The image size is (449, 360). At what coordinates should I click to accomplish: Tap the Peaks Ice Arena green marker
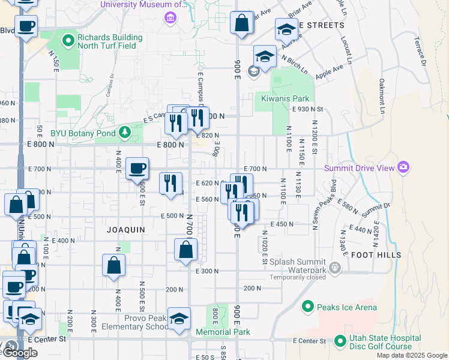pos(308,307)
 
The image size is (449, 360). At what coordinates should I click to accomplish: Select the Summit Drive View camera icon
pos(402,167)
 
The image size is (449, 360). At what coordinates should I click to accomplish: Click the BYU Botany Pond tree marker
pos(125,131)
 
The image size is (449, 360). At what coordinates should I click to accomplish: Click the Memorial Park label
pos(223,332)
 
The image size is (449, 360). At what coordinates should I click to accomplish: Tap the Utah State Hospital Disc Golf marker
pos(339,341)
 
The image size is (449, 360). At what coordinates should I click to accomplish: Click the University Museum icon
pos(170,16)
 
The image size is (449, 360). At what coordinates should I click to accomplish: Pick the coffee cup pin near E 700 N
pos(137,169)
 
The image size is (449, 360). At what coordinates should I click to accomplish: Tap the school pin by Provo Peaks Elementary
pos(179,319)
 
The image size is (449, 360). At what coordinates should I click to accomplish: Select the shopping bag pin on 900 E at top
pos(241,24)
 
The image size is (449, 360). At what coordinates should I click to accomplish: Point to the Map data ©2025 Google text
pos(411,355)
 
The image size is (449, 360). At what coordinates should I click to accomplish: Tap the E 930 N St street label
pos(308,109)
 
